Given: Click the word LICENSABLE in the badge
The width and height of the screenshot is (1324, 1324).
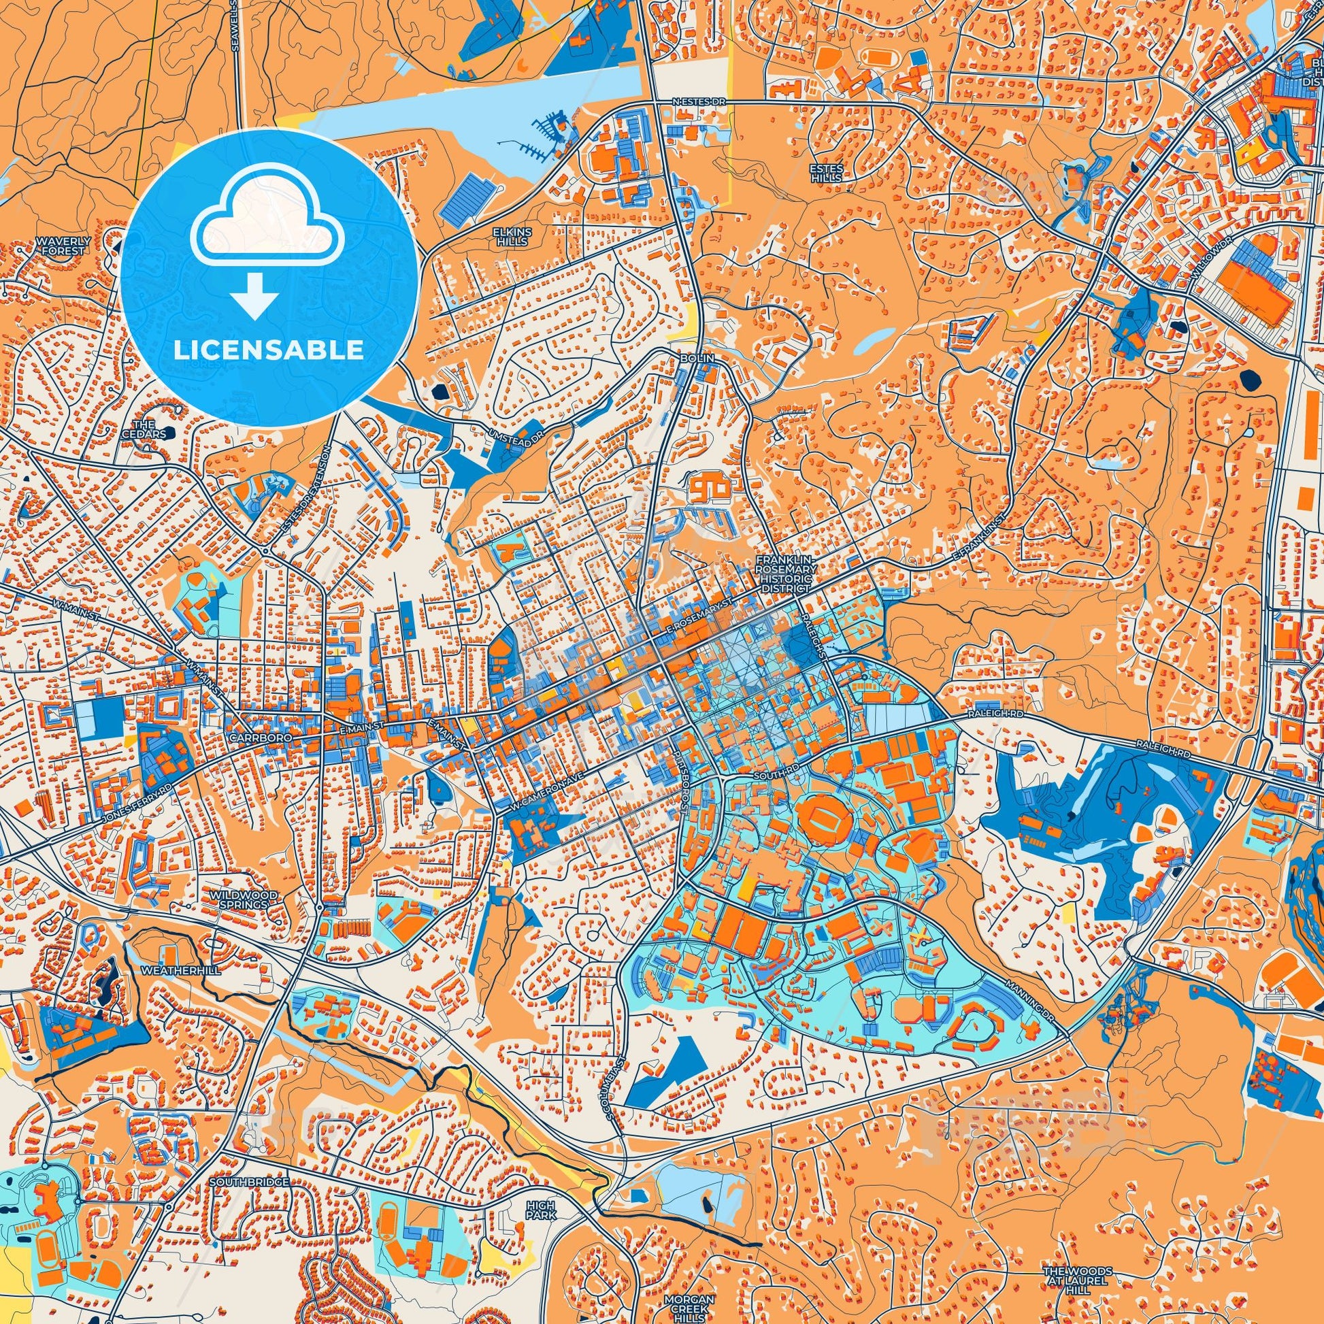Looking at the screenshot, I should coord(269,350).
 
